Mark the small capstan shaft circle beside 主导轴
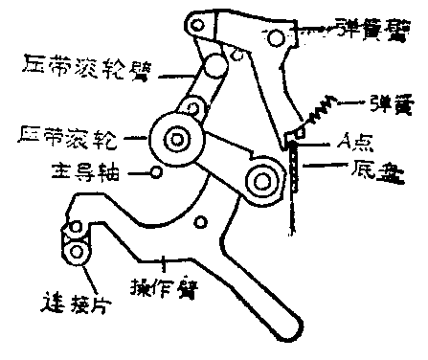tap(157, 173)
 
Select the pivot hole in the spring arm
tap(276, 36)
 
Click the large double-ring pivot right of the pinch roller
tap(259, 177)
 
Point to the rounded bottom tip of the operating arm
tap(286, 328)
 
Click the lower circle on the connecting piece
tap(76, 253)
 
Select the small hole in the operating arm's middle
tap(200, 225)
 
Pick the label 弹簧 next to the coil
tap(383, 100)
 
